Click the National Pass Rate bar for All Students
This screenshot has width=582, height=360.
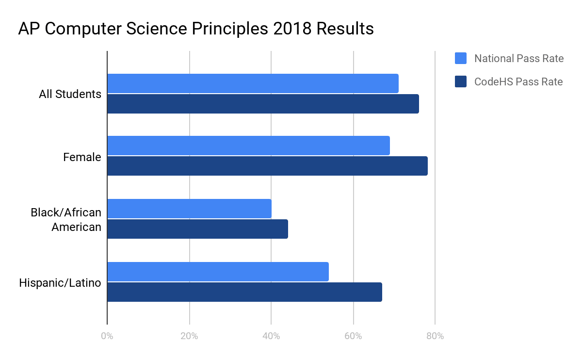point(253,83)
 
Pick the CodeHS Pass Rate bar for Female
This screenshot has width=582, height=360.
point(267,166)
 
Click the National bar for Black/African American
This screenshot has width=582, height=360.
point(189,209)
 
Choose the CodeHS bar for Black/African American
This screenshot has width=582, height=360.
point(197,229)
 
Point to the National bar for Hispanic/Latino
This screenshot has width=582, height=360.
point(218,272)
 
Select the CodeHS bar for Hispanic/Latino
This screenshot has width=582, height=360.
point(244,292)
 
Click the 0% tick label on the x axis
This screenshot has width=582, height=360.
point(107,336)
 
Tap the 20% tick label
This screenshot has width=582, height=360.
point(189,336)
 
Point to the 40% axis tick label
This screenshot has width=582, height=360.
point(271,336)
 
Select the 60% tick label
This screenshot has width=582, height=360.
point(353,336)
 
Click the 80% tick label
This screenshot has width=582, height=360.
point(435,336)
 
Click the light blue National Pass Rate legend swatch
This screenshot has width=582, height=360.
point(461,59)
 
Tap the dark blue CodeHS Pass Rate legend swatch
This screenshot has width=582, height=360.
point(461,82)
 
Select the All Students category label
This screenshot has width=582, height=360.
point(70,94)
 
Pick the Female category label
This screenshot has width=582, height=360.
point(82,157)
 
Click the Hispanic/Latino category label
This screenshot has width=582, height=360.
point(60,283)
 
